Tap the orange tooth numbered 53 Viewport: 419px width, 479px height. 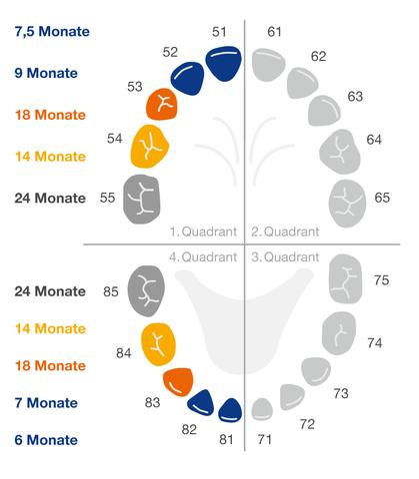coord(163,104)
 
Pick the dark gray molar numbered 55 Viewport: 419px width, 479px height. coord(141,197)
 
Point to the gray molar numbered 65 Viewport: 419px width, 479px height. coord(348,198)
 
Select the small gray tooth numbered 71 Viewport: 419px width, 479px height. coord(262,408)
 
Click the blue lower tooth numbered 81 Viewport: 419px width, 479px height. coord(230,410)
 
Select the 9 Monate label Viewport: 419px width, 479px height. coord(46,73)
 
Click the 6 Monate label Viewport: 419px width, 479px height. coord(46,439)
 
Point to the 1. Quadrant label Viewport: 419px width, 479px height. coord(203,232)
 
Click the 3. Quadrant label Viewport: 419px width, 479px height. coord(285,257)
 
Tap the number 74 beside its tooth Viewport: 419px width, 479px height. coord(374,342)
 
